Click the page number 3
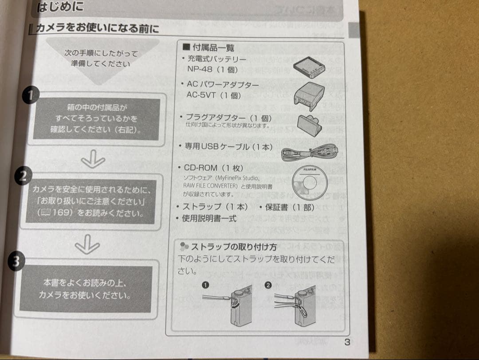(x=347, y=342)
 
